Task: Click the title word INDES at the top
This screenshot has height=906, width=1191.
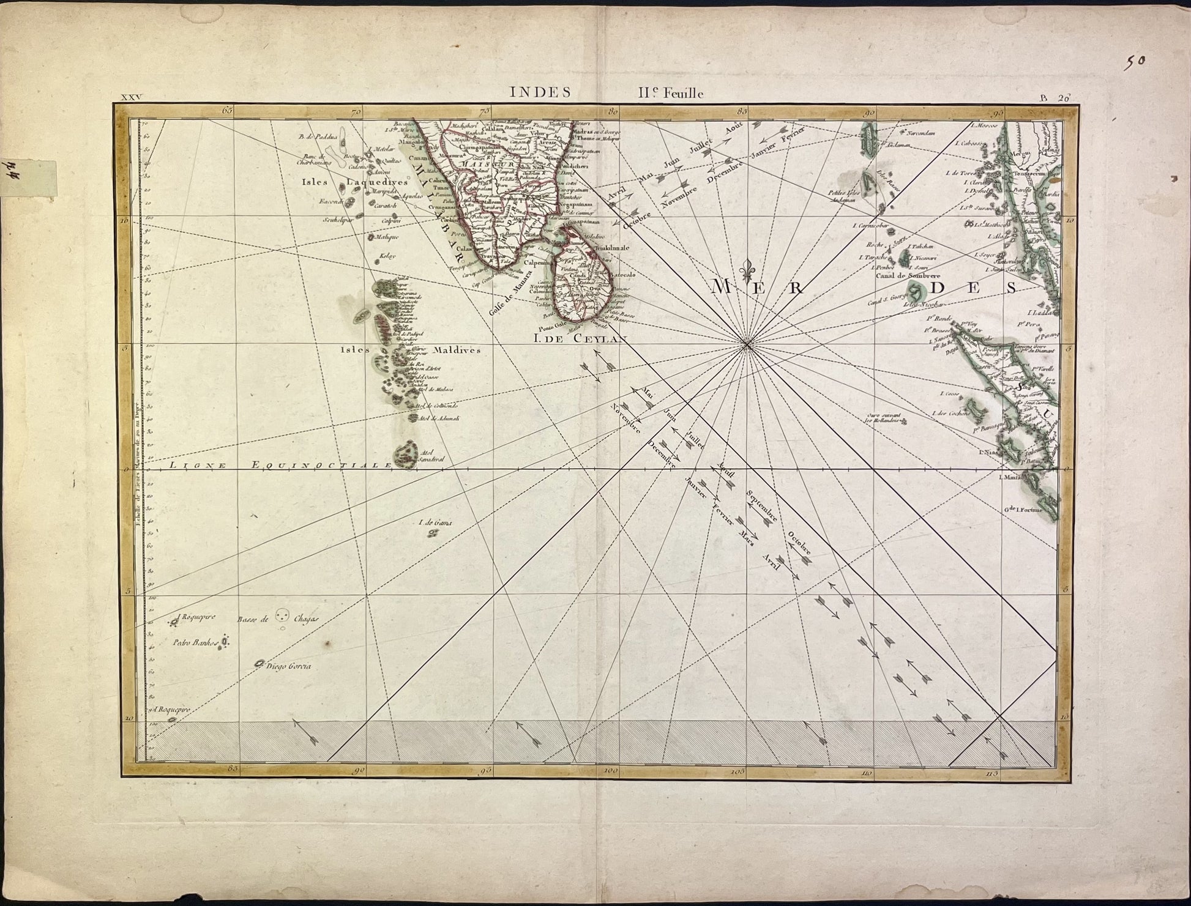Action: pos(540,92)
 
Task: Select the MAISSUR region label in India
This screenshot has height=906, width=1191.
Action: pos(481,163)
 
